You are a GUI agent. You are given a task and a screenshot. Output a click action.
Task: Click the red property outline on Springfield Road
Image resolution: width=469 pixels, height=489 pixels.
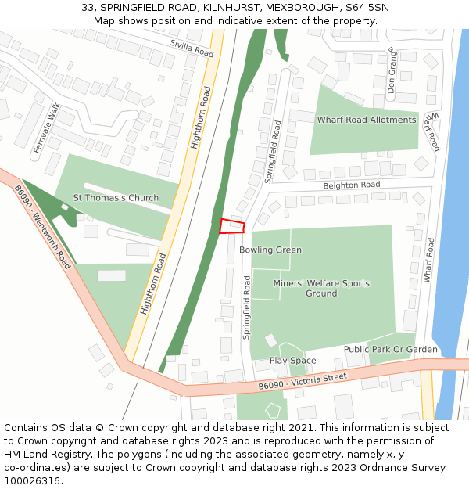pos(232,226)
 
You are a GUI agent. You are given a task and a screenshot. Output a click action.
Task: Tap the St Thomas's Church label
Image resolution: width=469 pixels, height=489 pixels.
pos(116,198)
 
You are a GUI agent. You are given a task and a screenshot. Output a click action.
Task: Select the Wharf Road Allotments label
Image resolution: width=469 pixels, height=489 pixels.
pos(366,120)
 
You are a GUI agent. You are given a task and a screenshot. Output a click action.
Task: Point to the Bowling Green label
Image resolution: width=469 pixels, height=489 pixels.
pos(270,250)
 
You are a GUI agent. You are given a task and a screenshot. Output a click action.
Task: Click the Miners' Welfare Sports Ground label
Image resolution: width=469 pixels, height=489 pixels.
pos(321,288)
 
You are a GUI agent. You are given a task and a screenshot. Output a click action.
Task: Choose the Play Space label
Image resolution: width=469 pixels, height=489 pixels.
pos(293,361)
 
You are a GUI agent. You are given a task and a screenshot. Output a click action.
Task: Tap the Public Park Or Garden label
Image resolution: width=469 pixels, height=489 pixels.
pos(390,350)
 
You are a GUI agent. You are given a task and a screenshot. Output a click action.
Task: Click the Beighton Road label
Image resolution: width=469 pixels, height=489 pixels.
pos(352,185)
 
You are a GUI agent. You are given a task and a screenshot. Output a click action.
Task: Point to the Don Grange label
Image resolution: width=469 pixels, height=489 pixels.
pos(392,70)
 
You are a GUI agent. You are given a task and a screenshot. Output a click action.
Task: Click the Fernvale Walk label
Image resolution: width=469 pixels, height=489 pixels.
pos(46,127)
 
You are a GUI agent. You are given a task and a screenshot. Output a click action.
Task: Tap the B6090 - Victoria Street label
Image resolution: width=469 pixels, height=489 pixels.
pos(303,381)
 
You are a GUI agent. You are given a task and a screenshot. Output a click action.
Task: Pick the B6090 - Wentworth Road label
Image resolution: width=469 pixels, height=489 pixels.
pos(42,227)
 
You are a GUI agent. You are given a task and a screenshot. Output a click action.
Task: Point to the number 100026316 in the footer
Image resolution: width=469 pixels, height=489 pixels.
pos(33,481)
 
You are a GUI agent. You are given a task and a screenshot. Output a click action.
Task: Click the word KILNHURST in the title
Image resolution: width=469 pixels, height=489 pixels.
pos(209,7)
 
